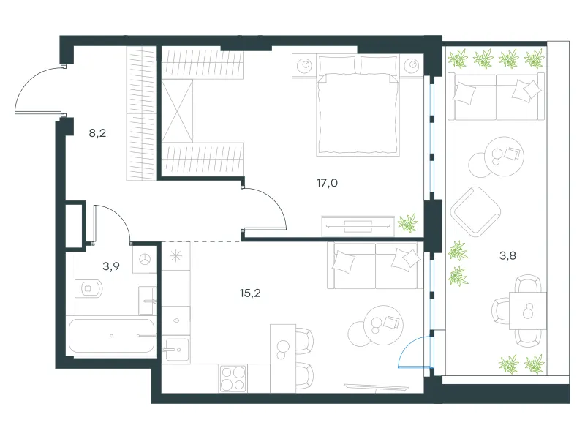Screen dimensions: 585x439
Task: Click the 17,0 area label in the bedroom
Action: [x=327, y=183]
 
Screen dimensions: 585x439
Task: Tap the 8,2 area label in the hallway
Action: [x=97, y=133]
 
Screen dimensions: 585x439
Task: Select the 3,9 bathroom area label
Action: [x=111, y=266]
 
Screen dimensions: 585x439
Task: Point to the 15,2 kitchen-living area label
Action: [x=250, y=293]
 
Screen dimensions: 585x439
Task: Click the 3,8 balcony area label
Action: [x=507, y=255]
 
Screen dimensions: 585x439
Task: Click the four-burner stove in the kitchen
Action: [x=233, y=378]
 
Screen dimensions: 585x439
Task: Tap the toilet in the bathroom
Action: [x=88, y=288]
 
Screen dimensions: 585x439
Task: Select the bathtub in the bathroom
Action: [x=112, y=336]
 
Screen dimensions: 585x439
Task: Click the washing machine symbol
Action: [x=145, y=259]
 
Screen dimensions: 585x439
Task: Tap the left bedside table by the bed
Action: [x=304, y=66]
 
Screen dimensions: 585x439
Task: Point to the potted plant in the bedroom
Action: [x=407, y=223]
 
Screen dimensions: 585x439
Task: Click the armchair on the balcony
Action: [x=475, y=211]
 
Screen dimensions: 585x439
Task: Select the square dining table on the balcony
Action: [x=528, y=310]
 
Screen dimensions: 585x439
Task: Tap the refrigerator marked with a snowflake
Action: [x=175, y=256]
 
